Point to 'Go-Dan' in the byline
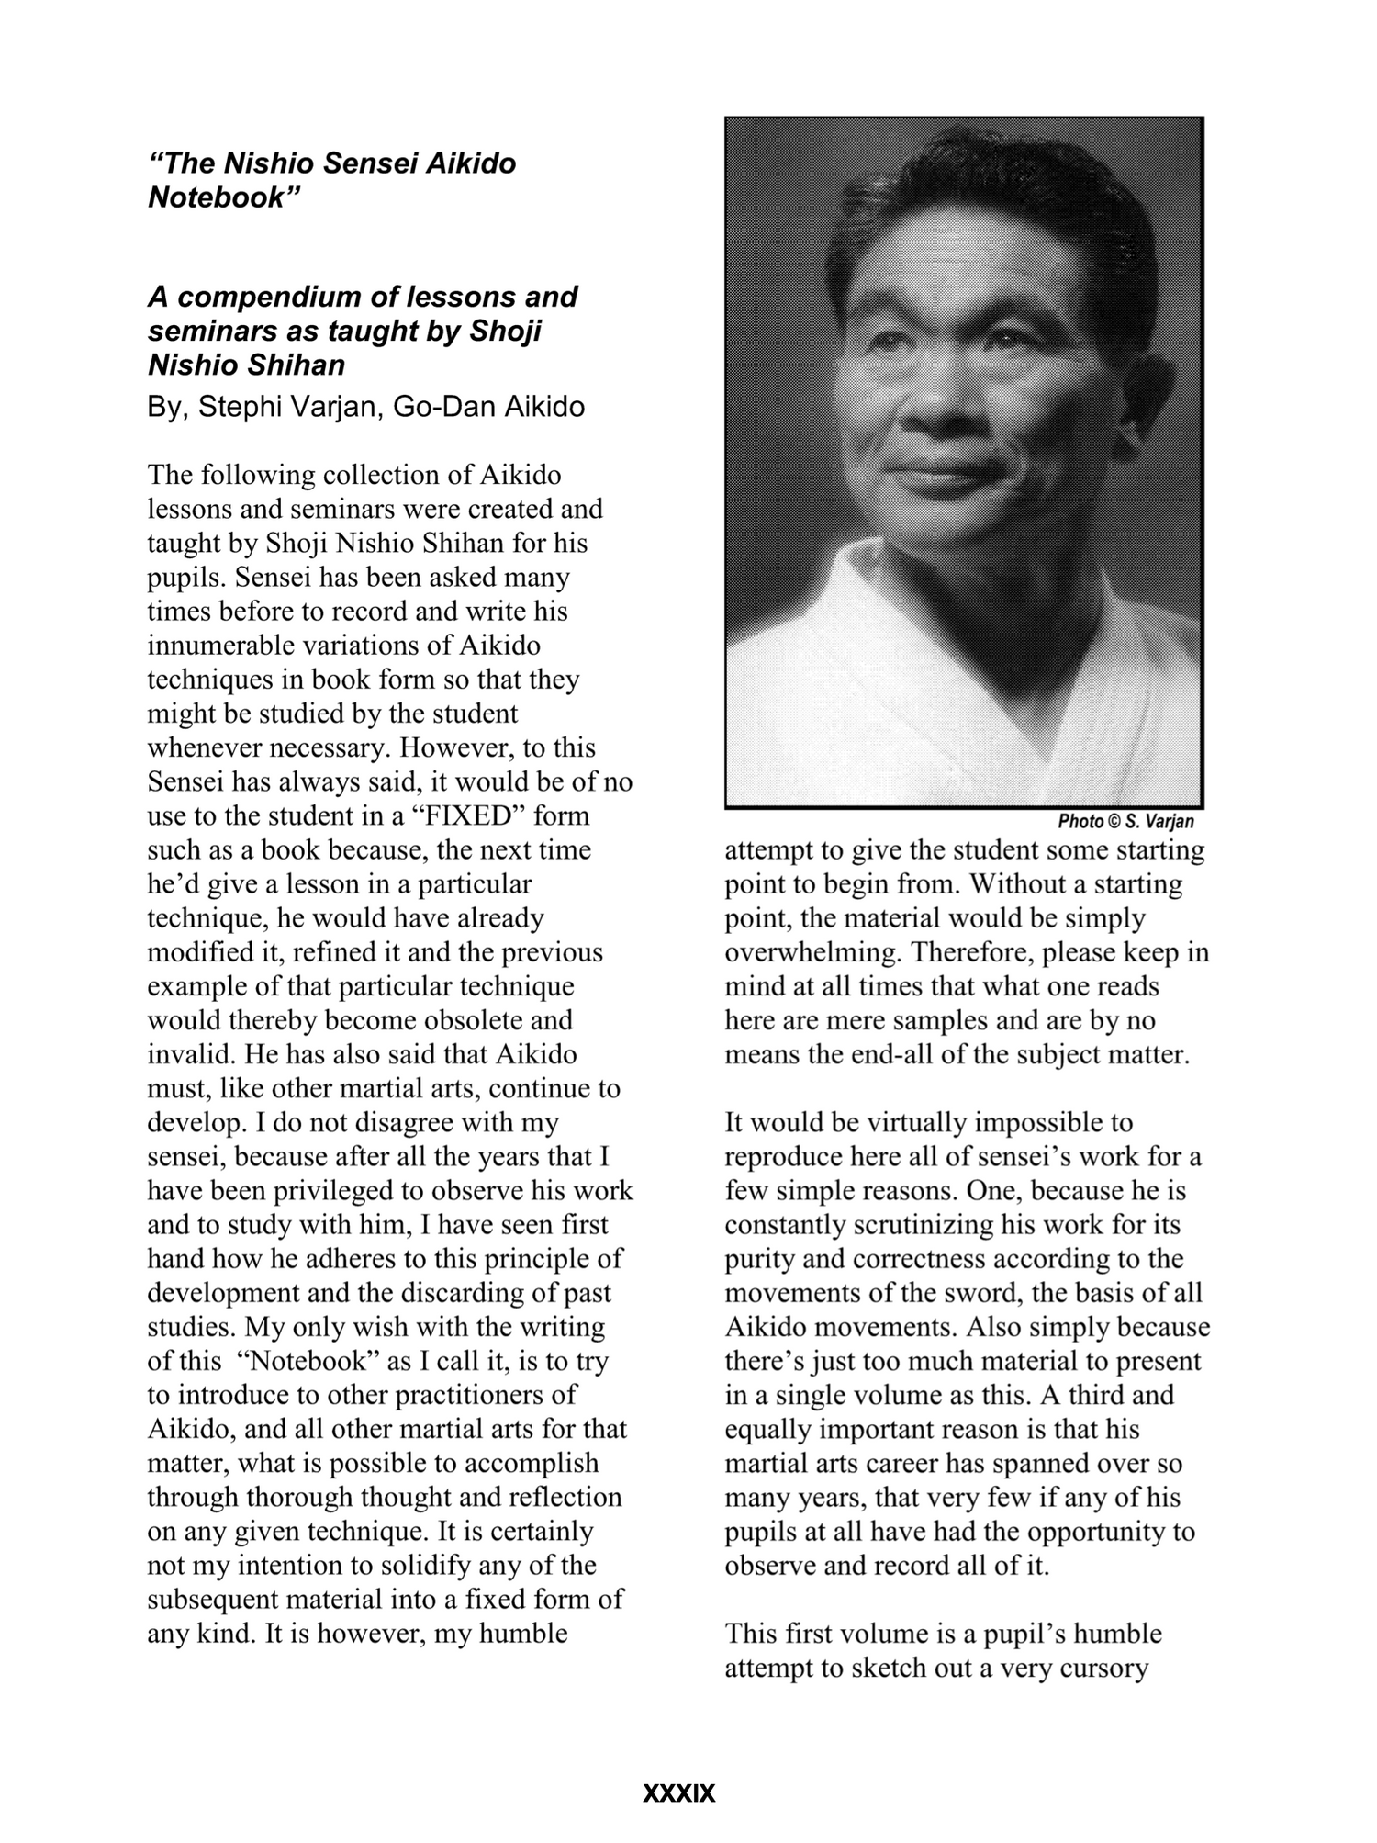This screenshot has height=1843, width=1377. pos(437,407)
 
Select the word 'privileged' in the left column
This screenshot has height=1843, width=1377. pos(329,1191)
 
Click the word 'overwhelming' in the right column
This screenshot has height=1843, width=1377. pos(804,952)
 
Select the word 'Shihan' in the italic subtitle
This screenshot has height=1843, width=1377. pos(300,365)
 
